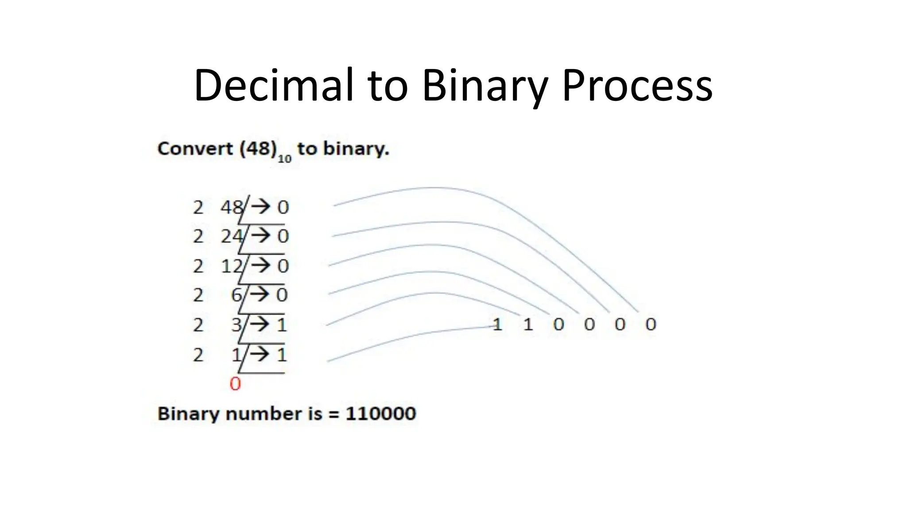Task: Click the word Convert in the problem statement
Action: [x=195, y=149]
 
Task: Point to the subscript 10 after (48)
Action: [x=284, y=158]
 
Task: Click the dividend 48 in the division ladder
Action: [x=232, y=207]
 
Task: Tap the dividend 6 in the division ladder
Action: [x=236, y=295]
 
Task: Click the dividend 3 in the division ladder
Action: [x=236, y=325]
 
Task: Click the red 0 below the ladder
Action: [x=235, y=384]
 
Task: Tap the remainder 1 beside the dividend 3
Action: [x=282, y=325]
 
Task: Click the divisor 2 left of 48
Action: [x=198, y=207]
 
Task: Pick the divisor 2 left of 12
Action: [x=198, y=266]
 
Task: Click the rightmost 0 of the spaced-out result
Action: [x=650, y=325]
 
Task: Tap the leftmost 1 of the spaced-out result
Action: [x=497, y=325]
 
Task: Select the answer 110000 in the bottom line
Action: [x=380, y=414]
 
